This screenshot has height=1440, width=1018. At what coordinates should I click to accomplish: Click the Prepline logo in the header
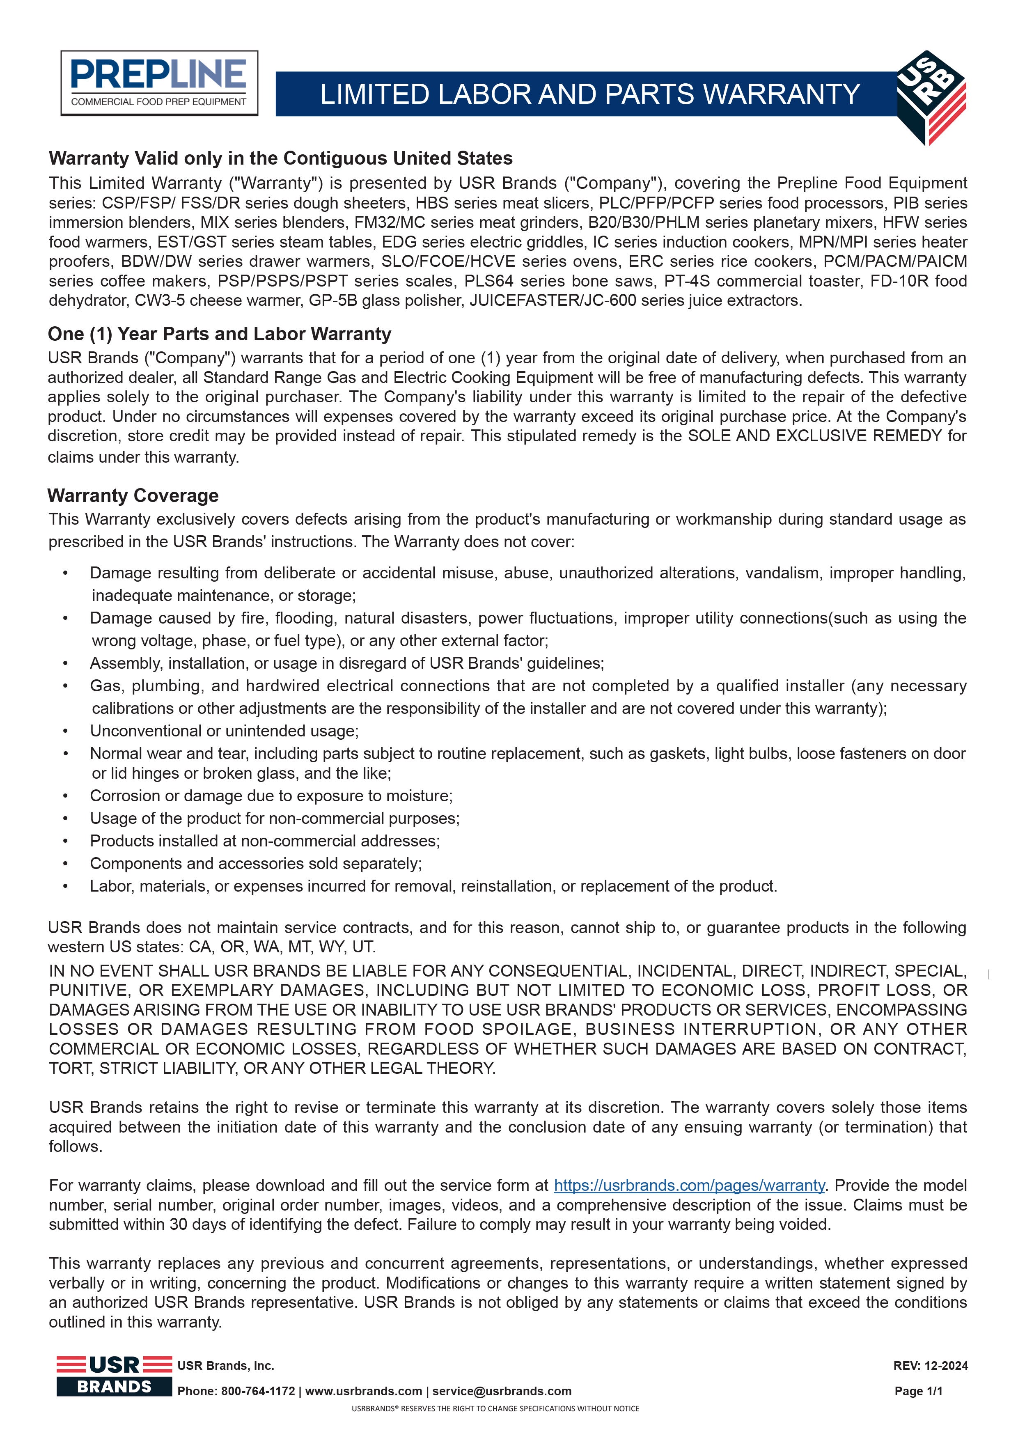click(159, 83)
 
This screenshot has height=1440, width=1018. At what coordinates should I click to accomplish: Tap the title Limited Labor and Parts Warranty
click(589, 94)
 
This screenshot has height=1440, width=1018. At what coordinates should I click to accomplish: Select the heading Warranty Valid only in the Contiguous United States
click(280, 158)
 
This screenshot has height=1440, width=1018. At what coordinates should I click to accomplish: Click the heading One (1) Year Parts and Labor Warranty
click(220, 334)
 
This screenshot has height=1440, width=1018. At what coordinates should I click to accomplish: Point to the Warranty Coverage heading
click(133, 495)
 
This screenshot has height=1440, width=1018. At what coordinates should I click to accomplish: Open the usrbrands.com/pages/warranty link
click(689, 1185)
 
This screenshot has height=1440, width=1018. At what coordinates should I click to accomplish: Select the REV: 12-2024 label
click(930, 1365)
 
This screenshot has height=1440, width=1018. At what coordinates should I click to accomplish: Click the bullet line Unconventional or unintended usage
click(224, 731)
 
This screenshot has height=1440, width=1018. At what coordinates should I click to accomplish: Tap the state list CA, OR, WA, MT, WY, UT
click(296, 947)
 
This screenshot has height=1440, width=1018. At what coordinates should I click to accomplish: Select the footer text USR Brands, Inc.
click(226, 1365)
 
